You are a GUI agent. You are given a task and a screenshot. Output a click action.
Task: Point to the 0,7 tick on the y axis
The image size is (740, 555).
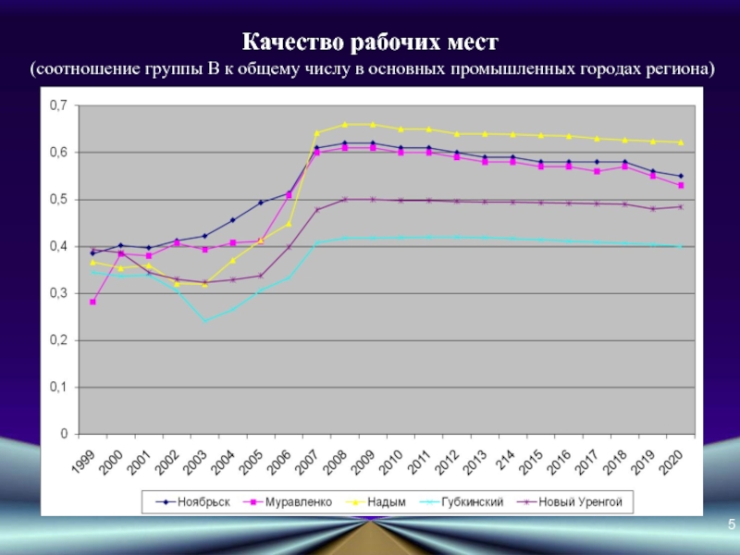(x=58, y=105)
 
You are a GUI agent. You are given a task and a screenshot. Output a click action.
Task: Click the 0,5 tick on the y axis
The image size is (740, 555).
(x=58, y=200)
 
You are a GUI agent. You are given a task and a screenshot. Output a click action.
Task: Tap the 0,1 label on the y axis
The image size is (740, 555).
(x=58, y=388)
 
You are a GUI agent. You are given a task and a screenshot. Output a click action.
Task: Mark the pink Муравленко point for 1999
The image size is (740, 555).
(x=92, y=302)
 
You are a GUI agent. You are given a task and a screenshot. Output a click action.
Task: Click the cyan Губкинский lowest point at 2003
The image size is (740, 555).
(x=204, y=321)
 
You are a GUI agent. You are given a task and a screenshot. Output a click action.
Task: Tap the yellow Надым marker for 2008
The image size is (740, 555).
(x=345, y=124)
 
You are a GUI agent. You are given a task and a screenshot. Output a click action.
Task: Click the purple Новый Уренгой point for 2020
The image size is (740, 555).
(x=682, y=206)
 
